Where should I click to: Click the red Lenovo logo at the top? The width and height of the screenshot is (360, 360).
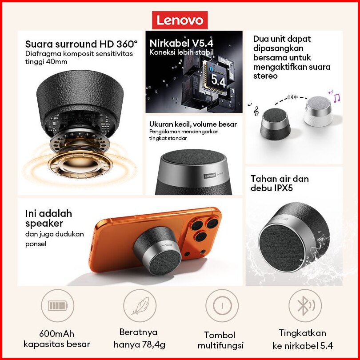coord(180,20)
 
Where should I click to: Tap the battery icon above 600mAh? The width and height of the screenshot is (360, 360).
coord(58,306)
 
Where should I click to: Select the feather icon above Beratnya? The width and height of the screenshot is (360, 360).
coord(140,306)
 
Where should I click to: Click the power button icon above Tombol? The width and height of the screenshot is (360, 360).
coord(222,306)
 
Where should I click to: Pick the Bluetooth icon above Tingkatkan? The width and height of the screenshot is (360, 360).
coord(305,306)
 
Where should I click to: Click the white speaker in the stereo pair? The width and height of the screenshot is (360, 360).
coord(318,112)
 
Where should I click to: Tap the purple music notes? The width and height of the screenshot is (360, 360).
coord(335,96)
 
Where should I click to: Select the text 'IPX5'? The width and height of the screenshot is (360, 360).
coord(284,188)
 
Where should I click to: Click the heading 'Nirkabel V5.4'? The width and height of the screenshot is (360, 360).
coord(181,43)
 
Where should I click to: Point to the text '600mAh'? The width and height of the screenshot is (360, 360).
coord(57,334)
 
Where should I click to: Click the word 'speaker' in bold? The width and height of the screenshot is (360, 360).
coord(44,224)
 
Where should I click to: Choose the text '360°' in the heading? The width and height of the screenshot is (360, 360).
coord(127,44)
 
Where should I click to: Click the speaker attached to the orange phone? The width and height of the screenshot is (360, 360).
coord(158,251)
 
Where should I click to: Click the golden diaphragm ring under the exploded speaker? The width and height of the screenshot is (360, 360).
coord(80,164)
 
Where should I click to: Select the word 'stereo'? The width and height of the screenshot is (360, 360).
coord(265,76)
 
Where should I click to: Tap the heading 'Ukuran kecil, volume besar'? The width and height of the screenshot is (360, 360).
coord(193,124)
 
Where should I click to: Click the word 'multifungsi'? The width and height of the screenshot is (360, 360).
coord(220,345)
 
